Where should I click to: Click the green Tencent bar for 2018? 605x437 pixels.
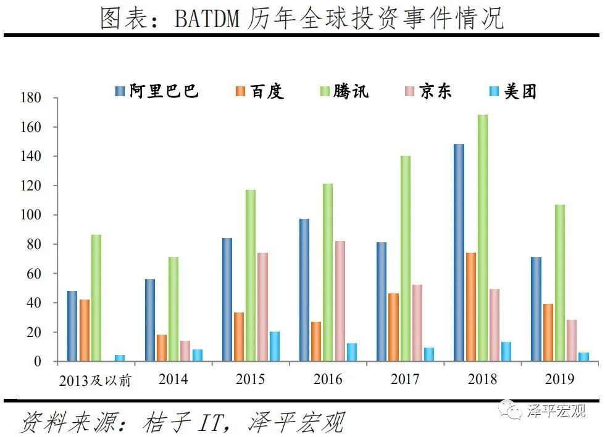[483, 238]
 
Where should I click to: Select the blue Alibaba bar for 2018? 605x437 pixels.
[459, 253]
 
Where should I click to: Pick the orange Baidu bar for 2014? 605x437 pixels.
[162, 348]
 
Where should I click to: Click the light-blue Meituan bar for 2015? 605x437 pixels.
[275, 346]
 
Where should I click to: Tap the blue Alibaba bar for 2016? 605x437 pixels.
[304, 290]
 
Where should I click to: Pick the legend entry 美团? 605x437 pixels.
[520, 92]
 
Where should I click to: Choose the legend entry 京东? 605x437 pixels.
[435, 92]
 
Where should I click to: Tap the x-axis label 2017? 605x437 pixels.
[406, 378]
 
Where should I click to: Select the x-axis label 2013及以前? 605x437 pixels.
[96, 380]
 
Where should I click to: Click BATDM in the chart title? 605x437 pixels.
[206, 19]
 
